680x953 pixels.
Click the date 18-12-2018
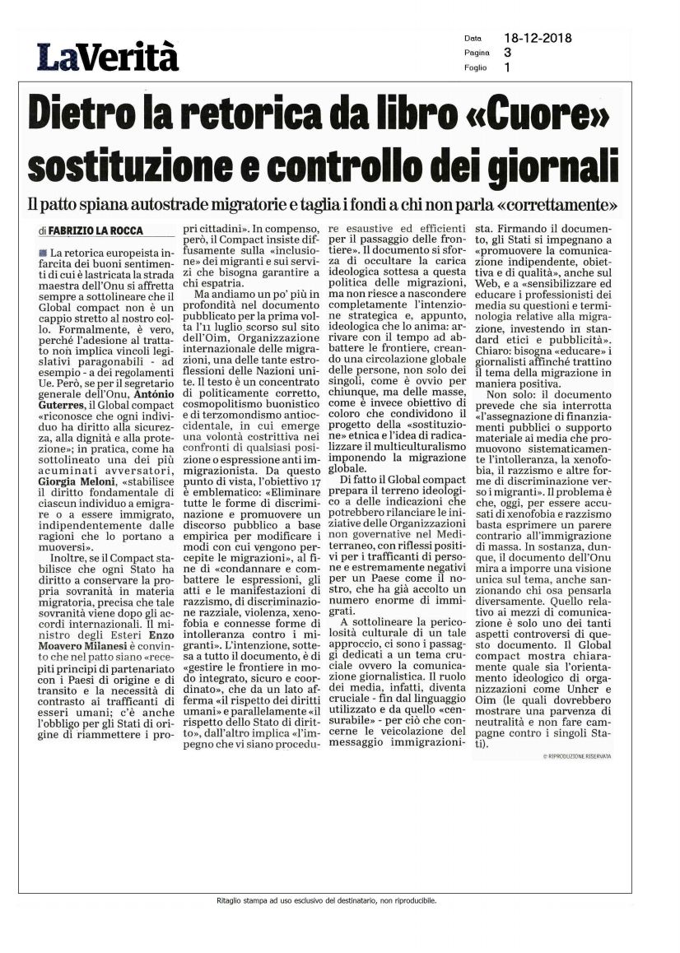[x=538, y=38]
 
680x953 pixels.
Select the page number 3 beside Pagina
[x=507, y=53]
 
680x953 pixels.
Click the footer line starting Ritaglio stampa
[x=322, y=900]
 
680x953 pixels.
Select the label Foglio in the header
[x=475, y=68]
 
